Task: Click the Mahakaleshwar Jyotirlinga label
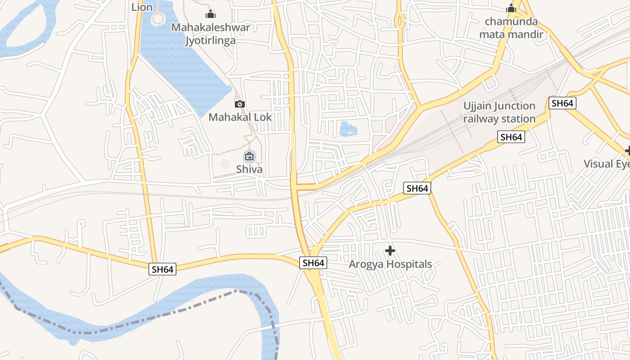211,34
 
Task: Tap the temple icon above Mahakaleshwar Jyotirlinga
211,14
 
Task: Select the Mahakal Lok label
240,117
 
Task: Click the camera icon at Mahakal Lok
240,104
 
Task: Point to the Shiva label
249,169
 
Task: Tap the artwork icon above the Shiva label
249,157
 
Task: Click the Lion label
142,7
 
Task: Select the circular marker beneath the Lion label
158,19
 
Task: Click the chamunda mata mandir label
511,28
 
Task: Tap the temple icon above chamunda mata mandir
511,8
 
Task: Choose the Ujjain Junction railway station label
499,112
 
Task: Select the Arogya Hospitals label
390,264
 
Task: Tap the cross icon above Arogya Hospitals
390,251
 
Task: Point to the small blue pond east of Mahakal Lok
348,129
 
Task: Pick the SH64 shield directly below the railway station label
511,137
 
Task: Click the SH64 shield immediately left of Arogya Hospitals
313,263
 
